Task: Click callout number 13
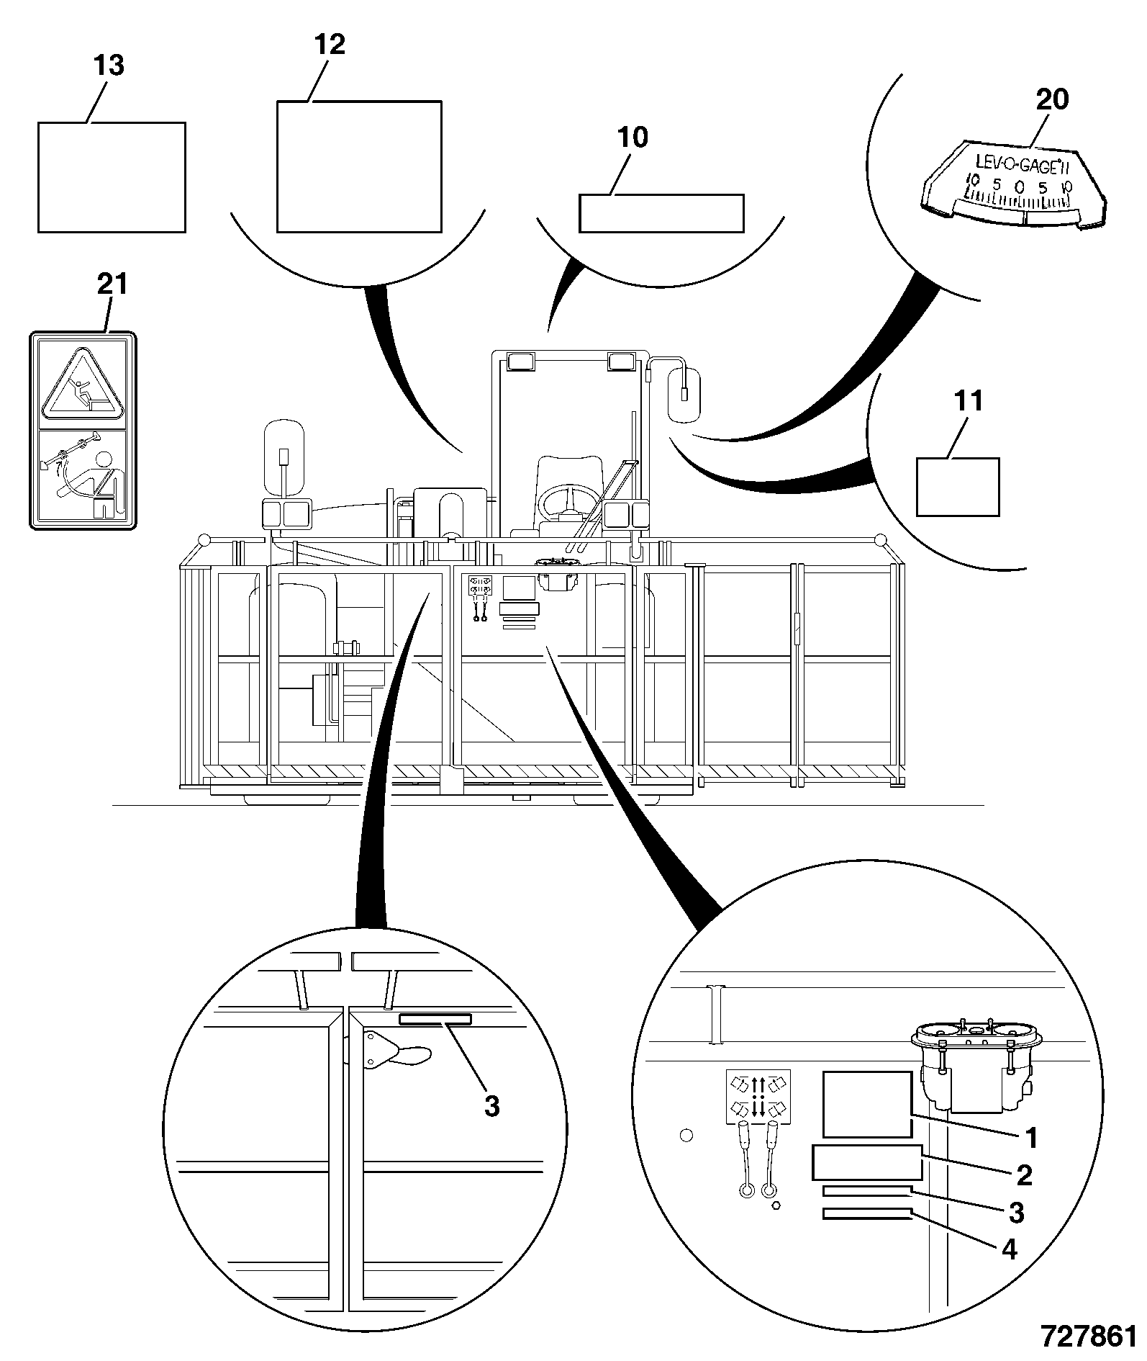click(109, 66)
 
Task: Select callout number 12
click(330, 45)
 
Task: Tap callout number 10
click(633, 137)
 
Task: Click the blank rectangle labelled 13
click(112, 177)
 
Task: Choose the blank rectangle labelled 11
click(958, 487)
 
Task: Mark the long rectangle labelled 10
click(661, 213)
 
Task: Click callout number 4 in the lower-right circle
click(1010, 1249)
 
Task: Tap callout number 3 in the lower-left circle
click(491, 1105)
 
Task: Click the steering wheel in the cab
click(568, 501)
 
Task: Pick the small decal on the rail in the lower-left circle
click(436, 1019)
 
